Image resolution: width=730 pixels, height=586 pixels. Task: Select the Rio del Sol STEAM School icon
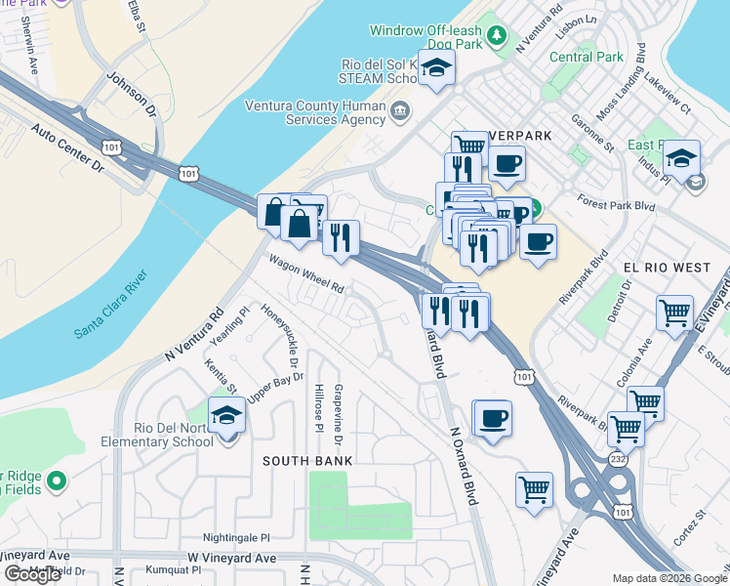tap(437, 67)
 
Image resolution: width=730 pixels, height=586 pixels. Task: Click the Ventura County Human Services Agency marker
tap(399, 112)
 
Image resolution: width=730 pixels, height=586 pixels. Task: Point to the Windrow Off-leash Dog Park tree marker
tap(498, 36)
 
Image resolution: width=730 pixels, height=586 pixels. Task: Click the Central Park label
tap(586, 57)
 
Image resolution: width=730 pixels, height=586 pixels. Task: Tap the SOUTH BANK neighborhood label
tap(307, 460)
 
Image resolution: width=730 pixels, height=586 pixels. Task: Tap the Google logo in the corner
tap(32, 574)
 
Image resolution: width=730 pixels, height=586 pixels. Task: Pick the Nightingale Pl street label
tap(236, 537)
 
